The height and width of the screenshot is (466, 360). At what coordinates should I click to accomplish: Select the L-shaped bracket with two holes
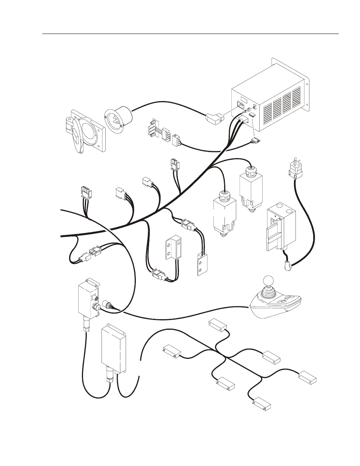click(172, 249)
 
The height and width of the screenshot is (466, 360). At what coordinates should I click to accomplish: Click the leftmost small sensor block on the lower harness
click(172, 351)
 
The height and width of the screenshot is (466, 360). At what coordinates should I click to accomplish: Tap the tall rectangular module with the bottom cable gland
click(114, 349)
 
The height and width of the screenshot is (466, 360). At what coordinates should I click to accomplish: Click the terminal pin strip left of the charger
click(153, 128)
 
